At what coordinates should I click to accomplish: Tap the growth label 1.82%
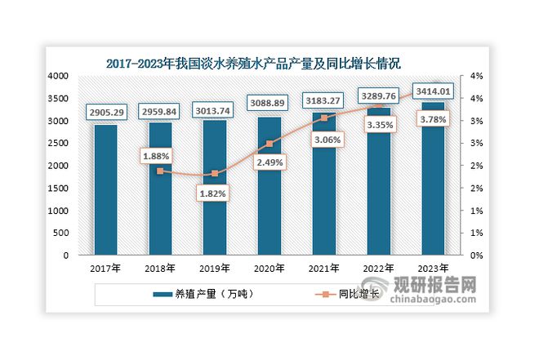point(215,193)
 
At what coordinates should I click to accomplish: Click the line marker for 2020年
point(269,144)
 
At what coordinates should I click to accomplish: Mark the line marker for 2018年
point(160,171)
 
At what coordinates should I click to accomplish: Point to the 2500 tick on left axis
point(60,143)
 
